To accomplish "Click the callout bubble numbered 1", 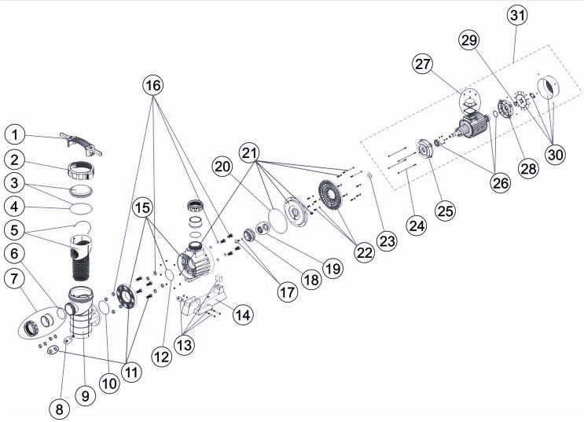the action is pyautogui.click(x=15, y=135).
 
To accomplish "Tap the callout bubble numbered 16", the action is pyautogui.click(x=153, y=86).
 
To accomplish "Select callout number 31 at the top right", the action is pyautogui.click(x=518, y=16).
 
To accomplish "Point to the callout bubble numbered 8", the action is pyautogui.click(x=59, y=409).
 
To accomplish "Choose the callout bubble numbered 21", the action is pyautogui.click(x=249, y=152).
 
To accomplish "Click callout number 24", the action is pyautogui.click(x=417, y=226).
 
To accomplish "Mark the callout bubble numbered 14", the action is pyautogui.click(x=243, y=314).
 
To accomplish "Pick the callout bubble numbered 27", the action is pyautogui.click(x=423, y=64).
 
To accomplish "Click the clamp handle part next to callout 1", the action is pyautogui.click(x=80, y=143).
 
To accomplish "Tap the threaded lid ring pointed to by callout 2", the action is pyautogui.click(x=81, y=171).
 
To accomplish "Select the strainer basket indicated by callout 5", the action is pyautogui.click(x=80, y=258).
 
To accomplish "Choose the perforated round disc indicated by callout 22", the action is pyautogui.click(x=330, y=196).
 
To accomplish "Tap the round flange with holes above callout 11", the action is pyautogui.click(x=126, y=297).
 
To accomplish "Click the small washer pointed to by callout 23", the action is pyautogui.click(x=369, y=175).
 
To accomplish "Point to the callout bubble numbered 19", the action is pyautogui.click(x=332, y=267).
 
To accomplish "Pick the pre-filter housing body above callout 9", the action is pyautogui.click(x=83, y=312).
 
